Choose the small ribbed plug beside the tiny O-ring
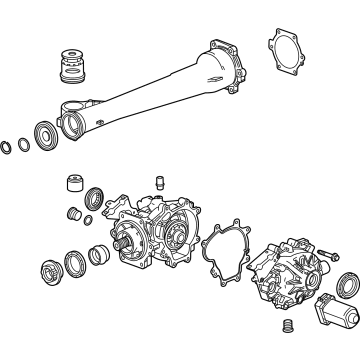pos(71,213)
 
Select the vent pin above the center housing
pos(157,184)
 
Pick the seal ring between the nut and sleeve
pos(72,267)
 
